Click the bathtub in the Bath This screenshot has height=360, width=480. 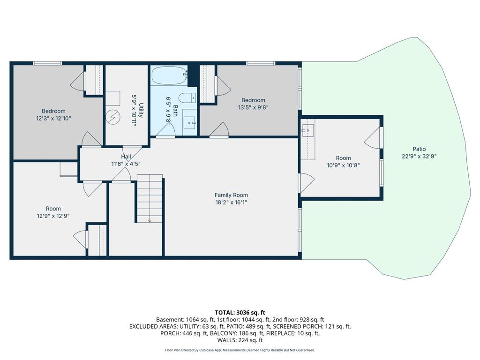point(169,75)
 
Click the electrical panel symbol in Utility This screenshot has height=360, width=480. point(113,117)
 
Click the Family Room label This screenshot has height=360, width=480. point(231,195)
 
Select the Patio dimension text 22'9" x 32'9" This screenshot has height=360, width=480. point(419,156)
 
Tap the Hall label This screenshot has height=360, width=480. point(126,157)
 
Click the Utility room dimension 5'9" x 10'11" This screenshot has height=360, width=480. point(134,110)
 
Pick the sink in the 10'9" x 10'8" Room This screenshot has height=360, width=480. point(307,130)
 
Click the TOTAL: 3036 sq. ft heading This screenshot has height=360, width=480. point(240,313)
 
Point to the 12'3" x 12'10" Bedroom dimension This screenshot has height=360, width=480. point(53,118)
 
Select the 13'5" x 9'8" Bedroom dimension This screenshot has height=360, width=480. point(253,107)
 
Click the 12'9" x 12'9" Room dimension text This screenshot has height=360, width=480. point(53,216)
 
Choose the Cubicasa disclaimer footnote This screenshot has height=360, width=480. point(240,350)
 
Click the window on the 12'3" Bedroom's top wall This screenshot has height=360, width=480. point(47,63)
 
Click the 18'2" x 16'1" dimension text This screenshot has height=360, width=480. point(231,202)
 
